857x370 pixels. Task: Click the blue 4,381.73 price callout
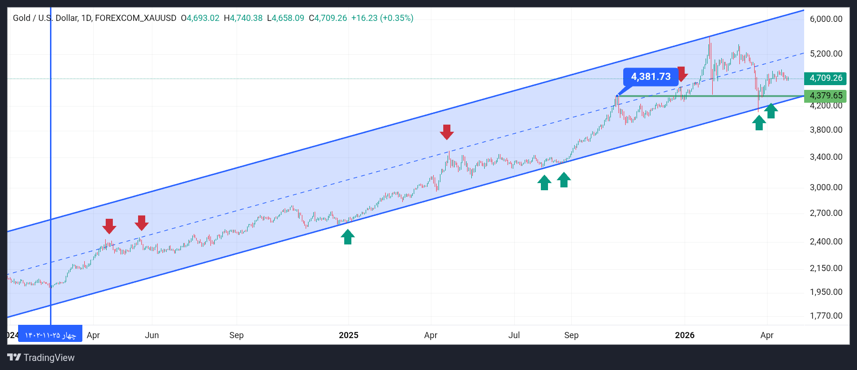click(650, 77)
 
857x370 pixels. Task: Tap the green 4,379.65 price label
click(826, 96)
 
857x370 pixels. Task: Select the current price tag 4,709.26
click(826, 78)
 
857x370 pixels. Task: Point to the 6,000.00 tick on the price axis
click(826, 19)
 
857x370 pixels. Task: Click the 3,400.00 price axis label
click(826, 157)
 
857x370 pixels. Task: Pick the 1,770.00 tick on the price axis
click(826, 316)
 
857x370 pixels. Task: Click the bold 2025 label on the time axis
click(349, 335)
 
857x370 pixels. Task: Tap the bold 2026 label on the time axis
click(685, 335)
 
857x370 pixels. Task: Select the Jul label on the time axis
click(514, 335)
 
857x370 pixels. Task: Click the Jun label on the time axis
click(152, 335)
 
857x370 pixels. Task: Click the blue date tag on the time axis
click(50, 335)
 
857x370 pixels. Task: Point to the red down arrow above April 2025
click(447, 132)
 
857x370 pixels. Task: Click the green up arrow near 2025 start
click(348, 237)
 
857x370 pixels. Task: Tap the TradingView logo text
click(41, 358)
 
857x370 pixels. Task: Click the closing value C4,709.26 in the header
click(328, 18)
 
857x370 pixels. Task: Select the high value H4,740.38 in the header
click(243, 18)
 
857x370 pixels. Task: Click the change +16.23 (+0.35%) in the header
click(382, 18)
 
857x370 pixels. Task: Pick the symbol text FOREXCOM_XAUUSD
click(136, 18)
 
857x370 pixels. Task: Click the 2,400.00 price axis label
click(826, 242)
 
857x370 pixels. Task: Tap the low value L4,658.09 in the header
click(285, 18)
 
